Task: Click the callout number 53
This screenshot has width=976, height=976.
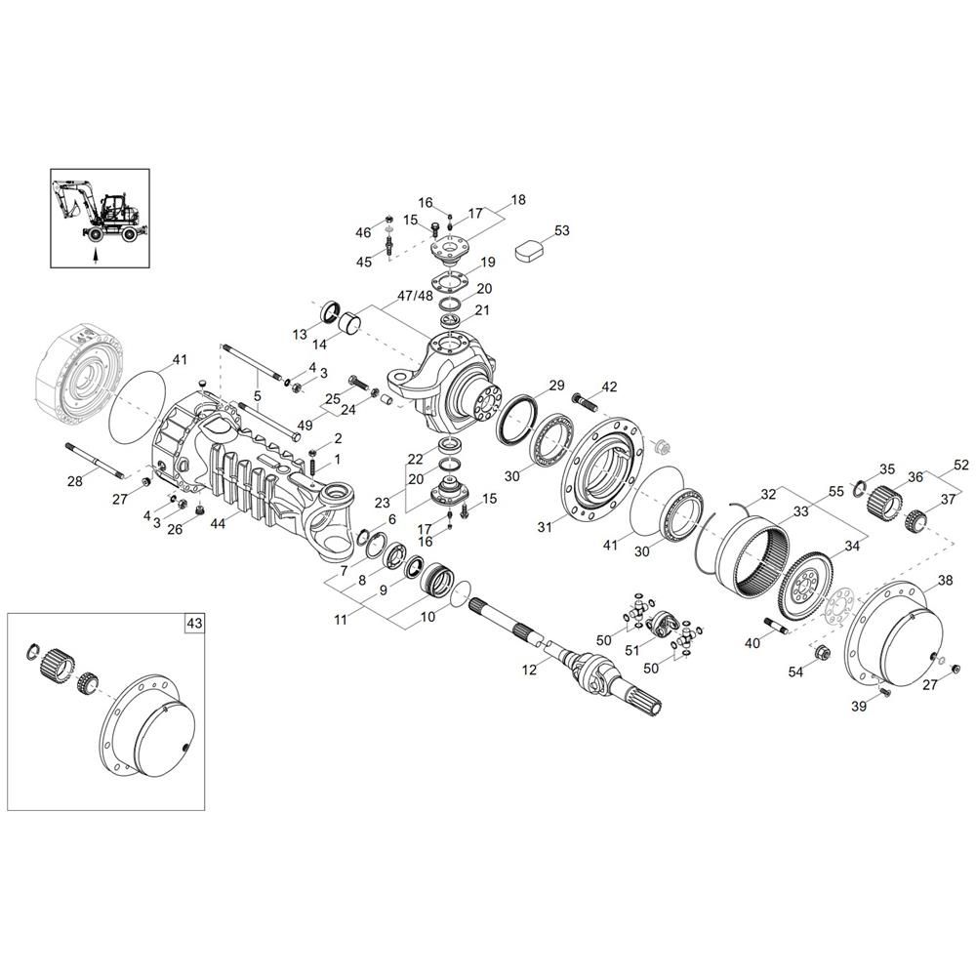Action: tap(561, 231)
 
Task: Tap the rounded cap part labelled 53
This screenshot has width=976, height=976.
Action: tap(528, 251)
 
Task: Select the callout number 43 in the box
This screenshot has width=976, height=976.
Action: tap(195, 623)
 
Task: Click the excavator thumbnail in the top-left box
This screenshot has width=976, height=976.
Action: tap(100, 211)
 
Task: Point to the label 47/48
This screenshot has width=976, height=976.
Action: tap(415, 296)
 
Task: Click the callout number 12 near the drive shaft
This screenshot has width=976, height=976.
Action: tap(529, 671)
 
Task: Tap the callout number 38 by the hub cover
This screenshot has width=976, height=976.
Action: tap(945, 581)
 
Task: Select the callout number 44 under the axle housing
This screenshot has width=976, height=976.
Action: tap(218, 524)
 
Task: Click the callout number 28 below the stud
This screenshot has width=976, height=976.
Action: tap(75, 481)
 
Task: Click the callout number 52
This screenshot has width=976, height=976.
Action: tap(960, 465)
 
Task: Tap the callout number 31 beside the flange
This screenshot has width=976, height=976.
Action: tap(545, 527)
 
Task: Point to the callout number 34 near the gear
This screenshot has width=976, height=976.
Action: tap(851, 546)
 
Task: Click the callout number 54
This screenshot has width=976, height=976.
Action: tap(795, 672)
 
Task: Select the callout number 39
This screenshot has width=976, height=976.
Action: tap(858, 707)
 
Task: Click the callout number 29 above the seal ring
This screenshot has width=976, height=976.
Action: tap(556, 386)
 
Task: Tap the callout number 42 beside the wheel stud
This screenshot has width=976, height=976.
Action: tap(609, 387)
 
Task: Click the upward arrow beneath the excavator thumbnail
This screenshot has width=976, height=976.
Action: tap(95, 255)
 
